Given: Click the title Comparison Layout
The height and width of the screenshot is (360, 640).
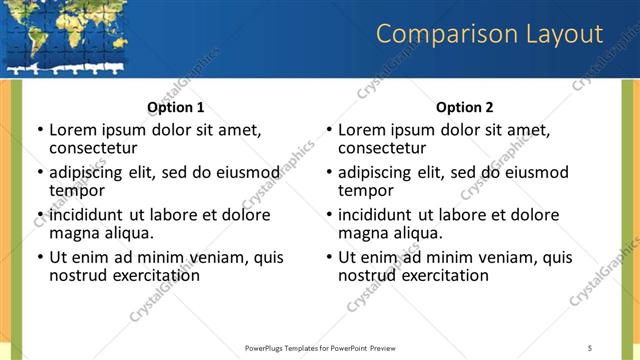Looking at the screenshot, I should pos(489,36).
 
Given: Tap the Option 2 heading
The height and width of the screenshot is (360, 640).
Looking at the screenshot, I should pos(465,107).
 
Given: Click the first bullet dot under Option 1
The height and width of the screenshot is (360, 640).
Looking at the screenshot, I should pos(39,130).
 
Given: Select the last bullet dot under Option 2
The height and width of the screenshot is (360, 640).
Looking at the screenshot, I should pos(328,258).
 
